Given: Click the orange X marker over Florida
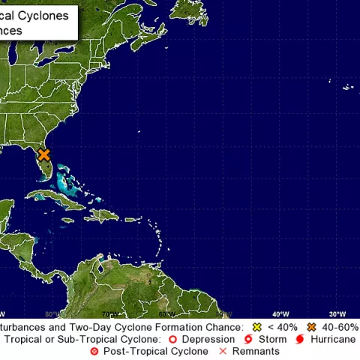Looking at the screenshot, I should tap(44, 155).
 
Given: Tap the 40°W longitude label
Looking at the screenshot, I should tap(280, 313).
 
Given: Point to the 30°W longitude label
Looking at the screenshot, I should tap(337, 313).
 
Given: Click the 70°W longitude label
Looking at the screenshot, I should tap(109, 313).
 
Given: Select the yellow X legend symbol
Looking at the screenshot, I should tap(257, 328).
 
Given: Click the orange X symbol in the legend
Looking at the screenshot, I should tap(310, 328).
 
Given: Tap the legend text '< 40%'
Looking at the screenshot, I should tap(282, 328).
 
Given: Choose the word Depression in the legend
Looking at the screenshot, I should tap(207, 339).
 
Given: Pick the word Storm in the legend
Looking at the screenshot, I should tap(272, 339).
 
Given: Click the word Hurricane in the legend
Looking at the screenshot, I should tap(334, 339).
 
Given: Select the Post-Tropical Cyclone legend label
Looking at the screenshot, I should tap(153, 351).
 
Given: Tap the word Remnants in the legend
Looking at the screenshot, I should tap(256, 351).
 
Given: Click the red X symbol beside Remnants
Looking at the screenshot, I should tap(222, 351).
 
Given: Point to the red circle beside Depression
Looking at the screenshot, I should tap(172, 339).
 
